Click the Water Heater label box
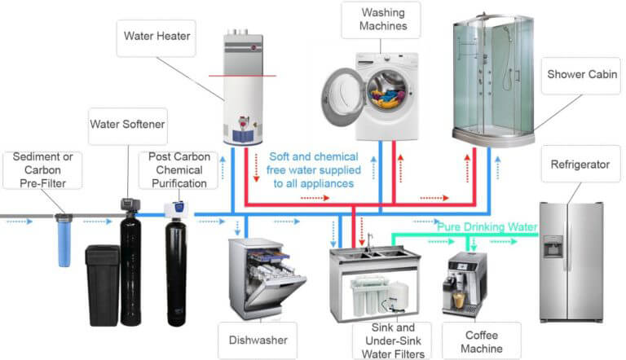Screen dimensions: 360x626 coord(156,37)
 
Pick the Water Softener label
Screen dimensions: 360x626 coord(127,125)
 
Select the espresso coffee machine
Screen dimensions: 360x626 coord(464,285)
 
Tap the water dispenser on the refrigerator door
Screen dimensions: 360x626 coord(553,247)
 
